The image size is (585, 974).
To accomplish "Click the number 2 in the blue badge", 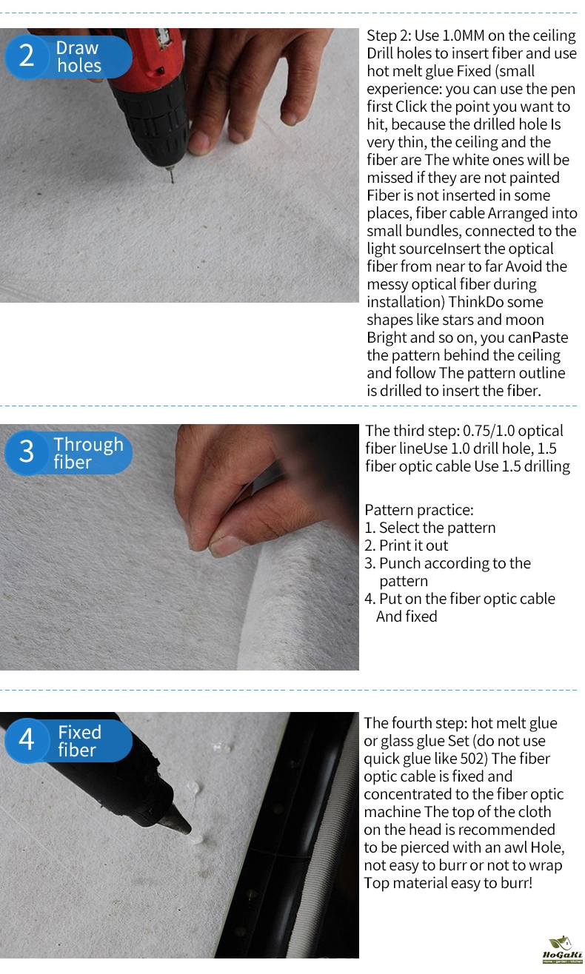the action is click(27, 56).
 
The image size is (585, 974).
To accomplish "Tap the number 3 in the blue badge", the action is click(27, 451).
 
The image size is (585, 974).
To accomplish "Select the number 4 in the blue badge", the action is click(27, 739).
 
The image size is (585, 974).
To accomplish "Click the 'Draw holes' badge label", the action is click(78, 56).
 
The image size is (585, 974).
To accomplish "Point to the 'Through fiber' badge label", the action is click(88, 453).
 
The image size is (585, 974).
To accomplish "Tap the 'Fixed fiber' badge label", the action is click(79, 741).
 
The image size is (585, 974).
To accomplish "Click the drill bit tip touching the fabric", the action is click(173, 182).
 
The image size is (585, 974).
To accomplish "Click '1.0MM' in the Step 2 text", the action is click(463, 36).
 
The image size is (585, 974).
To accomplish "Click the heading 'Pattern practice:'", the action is click(419, 510).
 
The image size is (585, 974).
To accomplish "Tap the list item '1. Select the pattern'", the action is click(430, 528).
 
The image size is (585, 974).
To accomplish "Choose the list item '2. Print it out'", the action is click(407, 545).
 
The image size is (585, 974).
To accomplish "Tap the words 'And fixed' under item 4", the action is click(407, 617).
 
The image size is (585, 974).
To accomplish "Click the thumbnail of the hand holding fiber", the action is click(179, 547).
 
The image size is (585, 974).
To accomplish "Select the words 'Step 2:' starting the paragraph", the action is click(389, 36).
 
